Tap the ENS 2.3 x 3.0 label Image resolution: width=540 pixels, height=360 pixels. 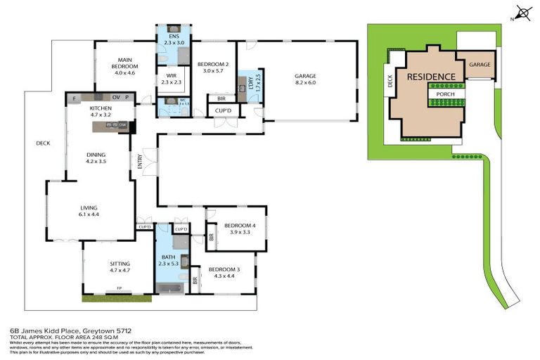[x=172, y=39]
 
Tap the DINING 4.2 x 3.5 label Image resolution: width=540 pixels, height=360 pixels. [x=95, y=157]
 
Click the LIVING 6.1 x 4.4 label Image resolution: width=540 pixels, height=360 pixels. [x=89, y=210]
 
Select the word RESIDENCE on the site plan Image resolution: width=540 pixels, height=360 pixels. [x=430, y=77]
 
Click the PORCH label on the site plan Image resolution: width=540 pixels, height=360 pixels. [x=445, y=94]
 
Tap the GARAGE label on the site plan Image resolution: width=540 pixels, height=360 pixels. [x=480, y=65]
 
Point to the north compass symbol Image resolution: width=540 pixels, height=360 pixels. [x=522, y=12]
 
